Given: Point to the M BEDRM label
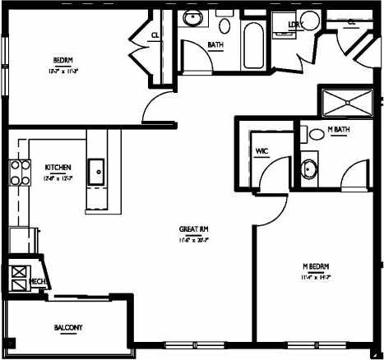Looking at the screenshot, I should point(316,267).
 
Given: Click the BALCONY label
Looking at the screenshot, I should point(68,328).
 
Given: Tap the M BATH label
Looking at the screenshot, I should point(338,131).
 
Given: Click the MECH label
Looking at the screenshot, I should point(36,281).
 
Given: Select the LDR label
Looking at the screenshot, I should point(294,24).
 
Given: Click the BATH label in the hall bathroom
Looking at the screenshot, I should point(216,44).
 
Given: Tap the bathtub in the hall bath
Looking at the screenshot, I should point(253,43).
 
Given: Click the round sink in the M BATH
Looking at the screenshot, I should point(309,170).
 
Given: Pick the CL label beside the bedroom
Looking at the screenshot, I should point(155,35).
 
